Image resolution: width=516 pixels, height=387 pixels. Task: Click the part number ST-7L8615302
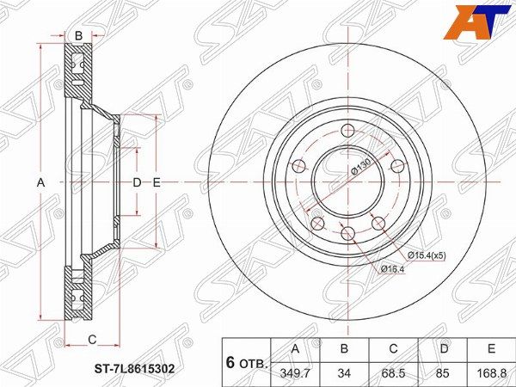tap(134, 369)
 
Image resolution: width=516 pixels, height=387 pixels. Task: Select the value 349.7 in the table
tap(295, 373)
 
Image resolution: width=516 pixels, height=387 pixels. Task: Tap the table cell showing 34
tap(344, 373)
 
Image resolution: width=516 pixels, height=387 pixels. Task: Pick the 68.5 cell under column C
tap(393, 373)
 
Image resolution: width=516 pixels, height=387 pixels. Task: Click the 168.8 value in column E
tap(491, 373)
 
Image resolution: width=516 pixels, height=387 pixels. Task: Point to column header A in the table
tap(296, 348)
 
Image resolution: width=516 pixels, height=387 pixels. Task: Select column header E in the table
tap(491, 348)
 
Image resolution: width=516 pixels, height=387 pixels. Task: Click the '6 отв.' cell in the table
tap(247, 363)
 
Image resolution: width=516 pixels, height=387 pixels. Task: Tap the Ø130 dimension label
tap(361, 168)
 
